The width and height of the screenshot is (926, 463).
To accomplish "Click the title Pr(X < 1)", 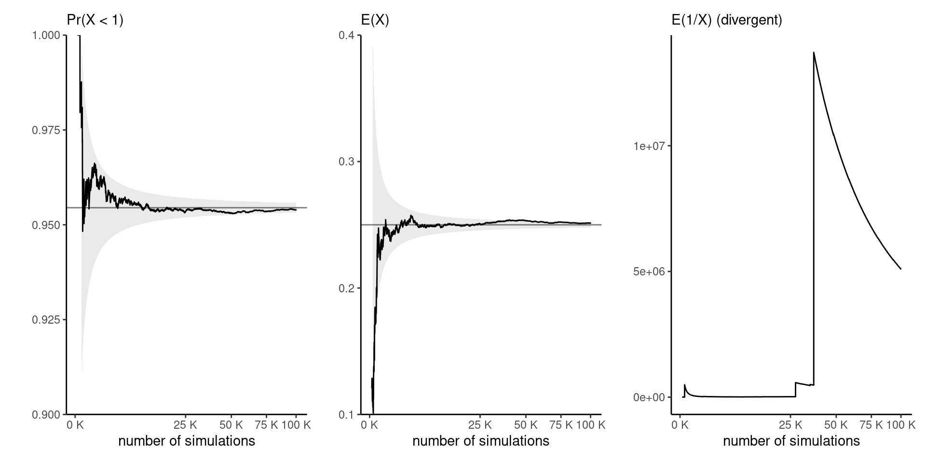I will tap(95, 20).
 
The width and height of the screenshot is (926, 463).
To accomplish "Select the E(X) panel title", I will tap(375, 20).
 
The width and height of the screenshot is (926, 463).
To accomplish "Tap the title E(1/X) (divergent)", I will tap(727, 20).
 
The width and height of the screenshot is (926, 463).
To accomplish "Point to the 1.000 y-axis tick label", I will tap(46, 36).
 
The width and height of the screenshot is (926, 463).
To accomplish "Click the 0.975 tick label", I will tap(46, 130).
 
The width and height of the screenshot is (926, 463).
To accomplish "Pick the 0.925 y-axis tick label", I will tap(46, 320).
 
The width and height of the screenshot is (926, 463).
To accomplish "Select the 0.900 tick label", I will tap(46, 414).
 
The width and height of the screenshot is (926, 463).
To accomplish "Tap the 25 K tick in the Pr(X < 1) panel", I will tap(185, 425).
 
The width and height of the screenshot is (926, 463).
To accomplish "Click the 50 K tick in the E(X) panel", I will tap(526, 425).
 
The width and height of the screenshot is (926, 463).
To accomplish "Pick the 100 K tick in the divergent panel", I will tap(900, 425).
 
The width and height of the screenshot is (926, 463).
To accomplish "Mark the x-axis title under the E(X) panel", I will tap(481, 441).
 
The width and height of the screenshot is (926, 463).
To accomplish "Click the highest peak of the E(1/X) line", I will tap(814, 53).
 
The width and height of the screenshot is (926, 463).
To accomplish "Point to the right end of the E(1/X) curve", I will tap(900, 269).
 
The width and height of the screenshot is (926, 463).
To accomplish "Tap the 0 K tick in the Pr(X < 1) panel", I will tap(76, 425).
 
